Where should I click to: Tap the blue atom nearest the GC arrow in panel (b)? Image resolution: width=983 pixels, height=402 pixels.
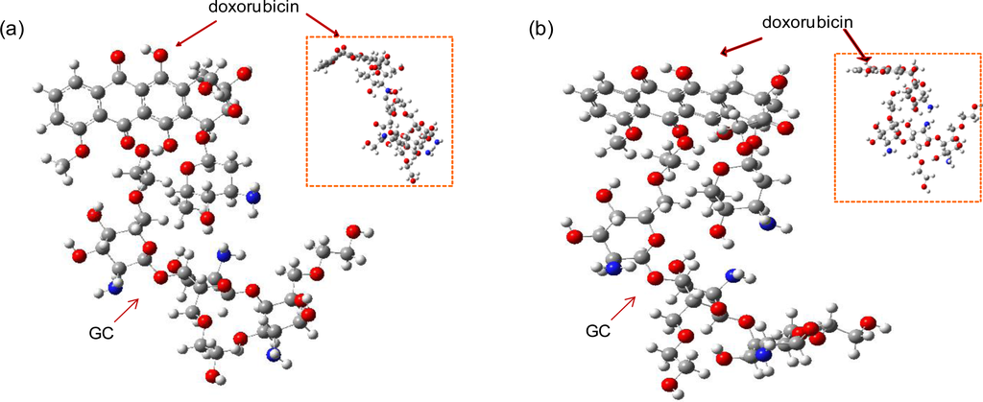[x=611, y=270]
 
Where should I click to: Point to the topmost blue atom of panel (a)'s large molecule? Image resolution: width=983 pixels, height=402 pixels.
[x=252, y=196]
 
